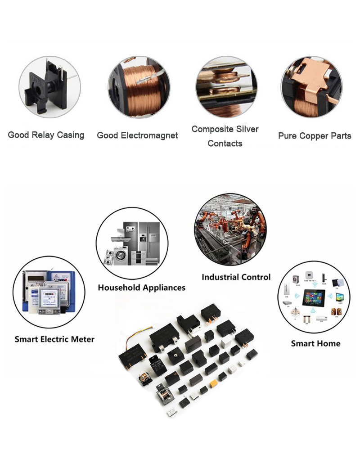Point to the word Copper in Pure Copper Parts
(315, 135)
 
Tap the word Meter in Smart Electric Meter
(81, 339)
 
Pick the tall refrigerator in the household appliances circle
(148, 238)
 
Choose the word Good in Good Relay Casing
(18, 135)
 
